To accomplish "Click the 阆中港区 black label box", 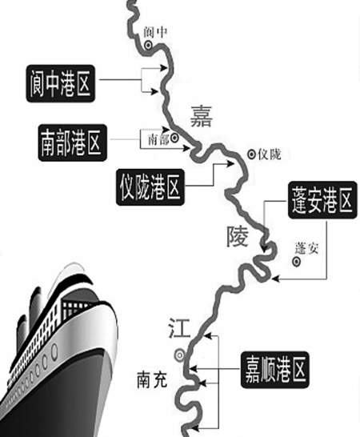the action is (x=61, y=84).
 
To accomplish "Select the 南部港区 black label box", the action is (x=73, y=143).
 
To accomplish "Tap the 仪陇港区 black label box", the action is (x=150, y=187).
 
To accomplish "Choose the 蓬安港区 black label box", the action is (x=322, y=200).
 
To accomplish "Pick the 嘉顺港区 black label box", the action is (x=274, y=370).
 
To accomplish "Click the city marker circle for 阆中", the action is (x=148, y=45).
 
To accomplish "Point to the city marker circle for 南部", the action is (x=174, y=137).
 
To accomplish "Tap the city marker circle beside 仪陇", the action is (x=252, y=154).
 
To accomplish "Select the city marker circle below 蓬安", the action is (x=296, y=262).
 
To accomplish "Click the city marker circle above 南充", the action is (x=180, y=355).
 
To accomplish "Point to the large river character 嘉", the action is (x=201, y=116).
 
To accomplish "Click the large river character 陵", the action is (x=237, y=236).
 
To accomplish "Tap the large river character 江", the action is (x=179, y=328).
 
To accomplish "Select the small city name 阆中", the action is (x=155, y=32).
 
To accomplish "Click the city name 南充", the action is (x=152, y=379).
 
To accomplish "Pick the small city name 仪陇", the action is (x=270, y=154).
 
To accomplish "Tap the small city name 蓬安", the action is (x=306, y=248).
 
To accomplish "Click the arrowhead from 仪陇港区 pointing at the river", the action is (x=230, y=163).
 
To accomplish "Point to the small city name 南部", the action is (x=158, y=139).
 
